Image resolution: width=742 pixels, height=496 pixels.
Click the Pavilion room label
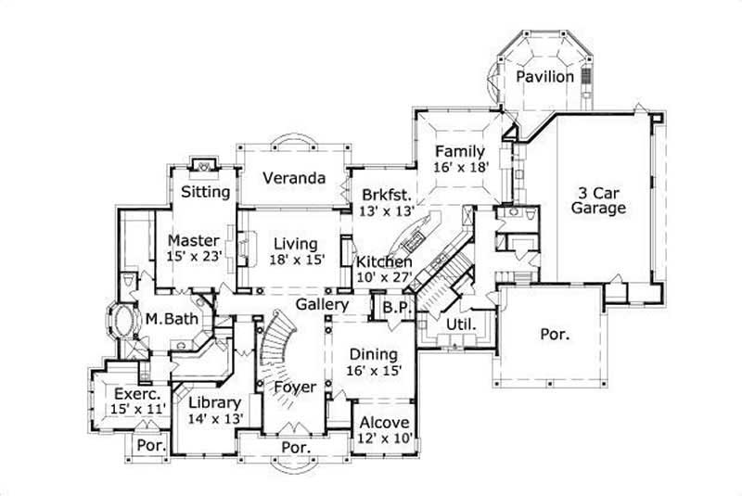point(545,76)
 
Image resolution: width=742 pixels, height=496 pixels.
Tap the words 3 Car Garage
point(597,201)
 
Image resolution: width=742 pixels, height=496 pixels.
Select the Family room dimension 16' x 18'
point(460,168)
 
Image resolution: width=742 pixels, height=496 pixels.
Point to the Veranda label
point(293,178)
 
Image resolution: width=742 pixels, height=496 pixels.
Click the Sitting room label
point(205,193)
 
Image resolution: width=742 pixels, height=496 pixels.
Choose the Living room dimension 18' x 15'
point(298,260)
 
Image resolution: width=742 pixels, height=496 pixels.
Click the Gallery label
point(323,304)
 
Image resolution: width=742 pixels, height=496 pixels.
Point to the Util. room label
point(462,324)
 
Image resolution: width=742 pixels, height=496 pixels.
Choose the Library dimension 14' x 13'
point(214,418)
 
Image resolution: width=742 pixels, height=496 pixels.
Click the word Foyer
point(295,388)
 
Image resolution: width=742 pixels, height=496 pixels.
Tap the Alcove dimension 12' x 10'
point(383,438)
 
